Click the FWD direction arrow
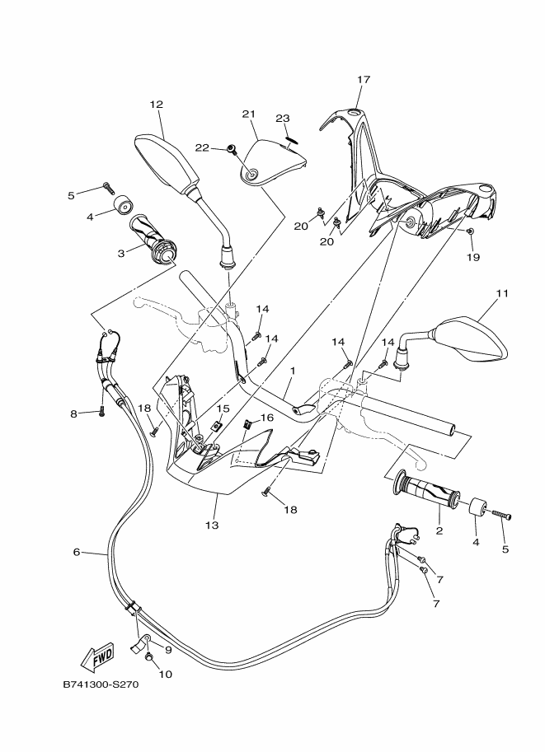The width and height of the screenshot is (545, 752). [x=97, y=656]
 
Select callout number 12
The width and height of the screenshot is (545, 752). [x=156, y=105]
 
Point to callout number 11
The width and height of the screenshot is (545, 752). [x=503, y=293]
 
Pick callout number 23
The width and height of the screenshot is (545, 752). [x=283, y=118]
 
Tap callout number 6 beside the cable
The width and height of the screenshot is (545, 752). [x=77, y=552]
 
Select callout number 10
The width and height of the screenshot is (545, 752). [x=165, y=674]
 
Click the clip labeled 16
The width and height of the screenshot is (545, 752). [x=247, y=425]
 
